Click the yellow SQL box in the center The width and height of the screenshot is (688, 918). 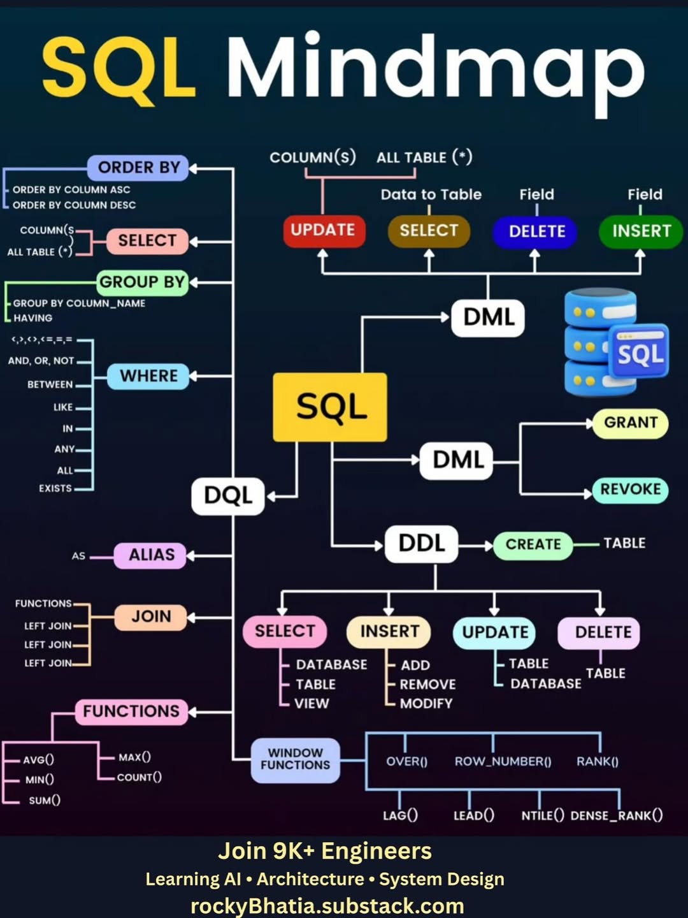[x=330, y=407]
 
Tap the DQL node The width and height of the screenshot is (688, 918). [x=228, y=495]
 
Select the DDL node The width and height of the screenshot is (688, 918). [x=421, y=543]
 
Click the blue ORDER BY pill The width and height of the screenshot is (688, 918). [x=138, y=168]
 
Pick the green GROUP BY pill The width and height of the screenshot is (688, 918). [x=142, y=282]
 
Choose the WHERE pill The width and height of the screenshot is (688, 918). [x=148, y=376]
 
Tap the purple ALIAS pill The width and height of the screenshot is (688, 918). [x=150, y=555]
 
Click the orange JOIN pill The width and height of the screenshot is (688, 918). [x=151, y=616]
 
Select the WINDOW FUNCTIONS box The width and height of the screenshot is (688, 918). [x=295, y=759]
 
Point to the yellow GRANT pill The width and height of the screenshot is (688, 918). [x=630, y=423]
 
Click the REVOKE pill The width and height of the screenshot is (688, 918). [x=630, y=490]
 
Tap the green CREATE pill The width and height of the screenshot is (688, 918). [x=533, y=544]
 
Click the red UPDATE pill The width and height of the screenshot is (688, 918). [x=323, y=230]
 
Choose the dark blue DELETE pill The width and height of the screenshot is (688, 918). [x=536, y=231]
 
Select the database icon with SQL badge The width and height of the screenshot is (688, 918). [x=615, y=342]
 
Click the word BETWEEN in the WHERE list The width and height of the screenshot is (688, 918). [x=50, y=384]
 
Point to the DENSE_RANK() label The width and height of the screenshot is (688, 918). [x=616, y=815]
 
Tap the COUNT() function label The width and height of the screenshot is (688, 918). [x=139, y=777]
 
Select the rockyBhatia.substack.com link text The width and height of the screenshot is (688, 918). [x=327, y=906]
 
